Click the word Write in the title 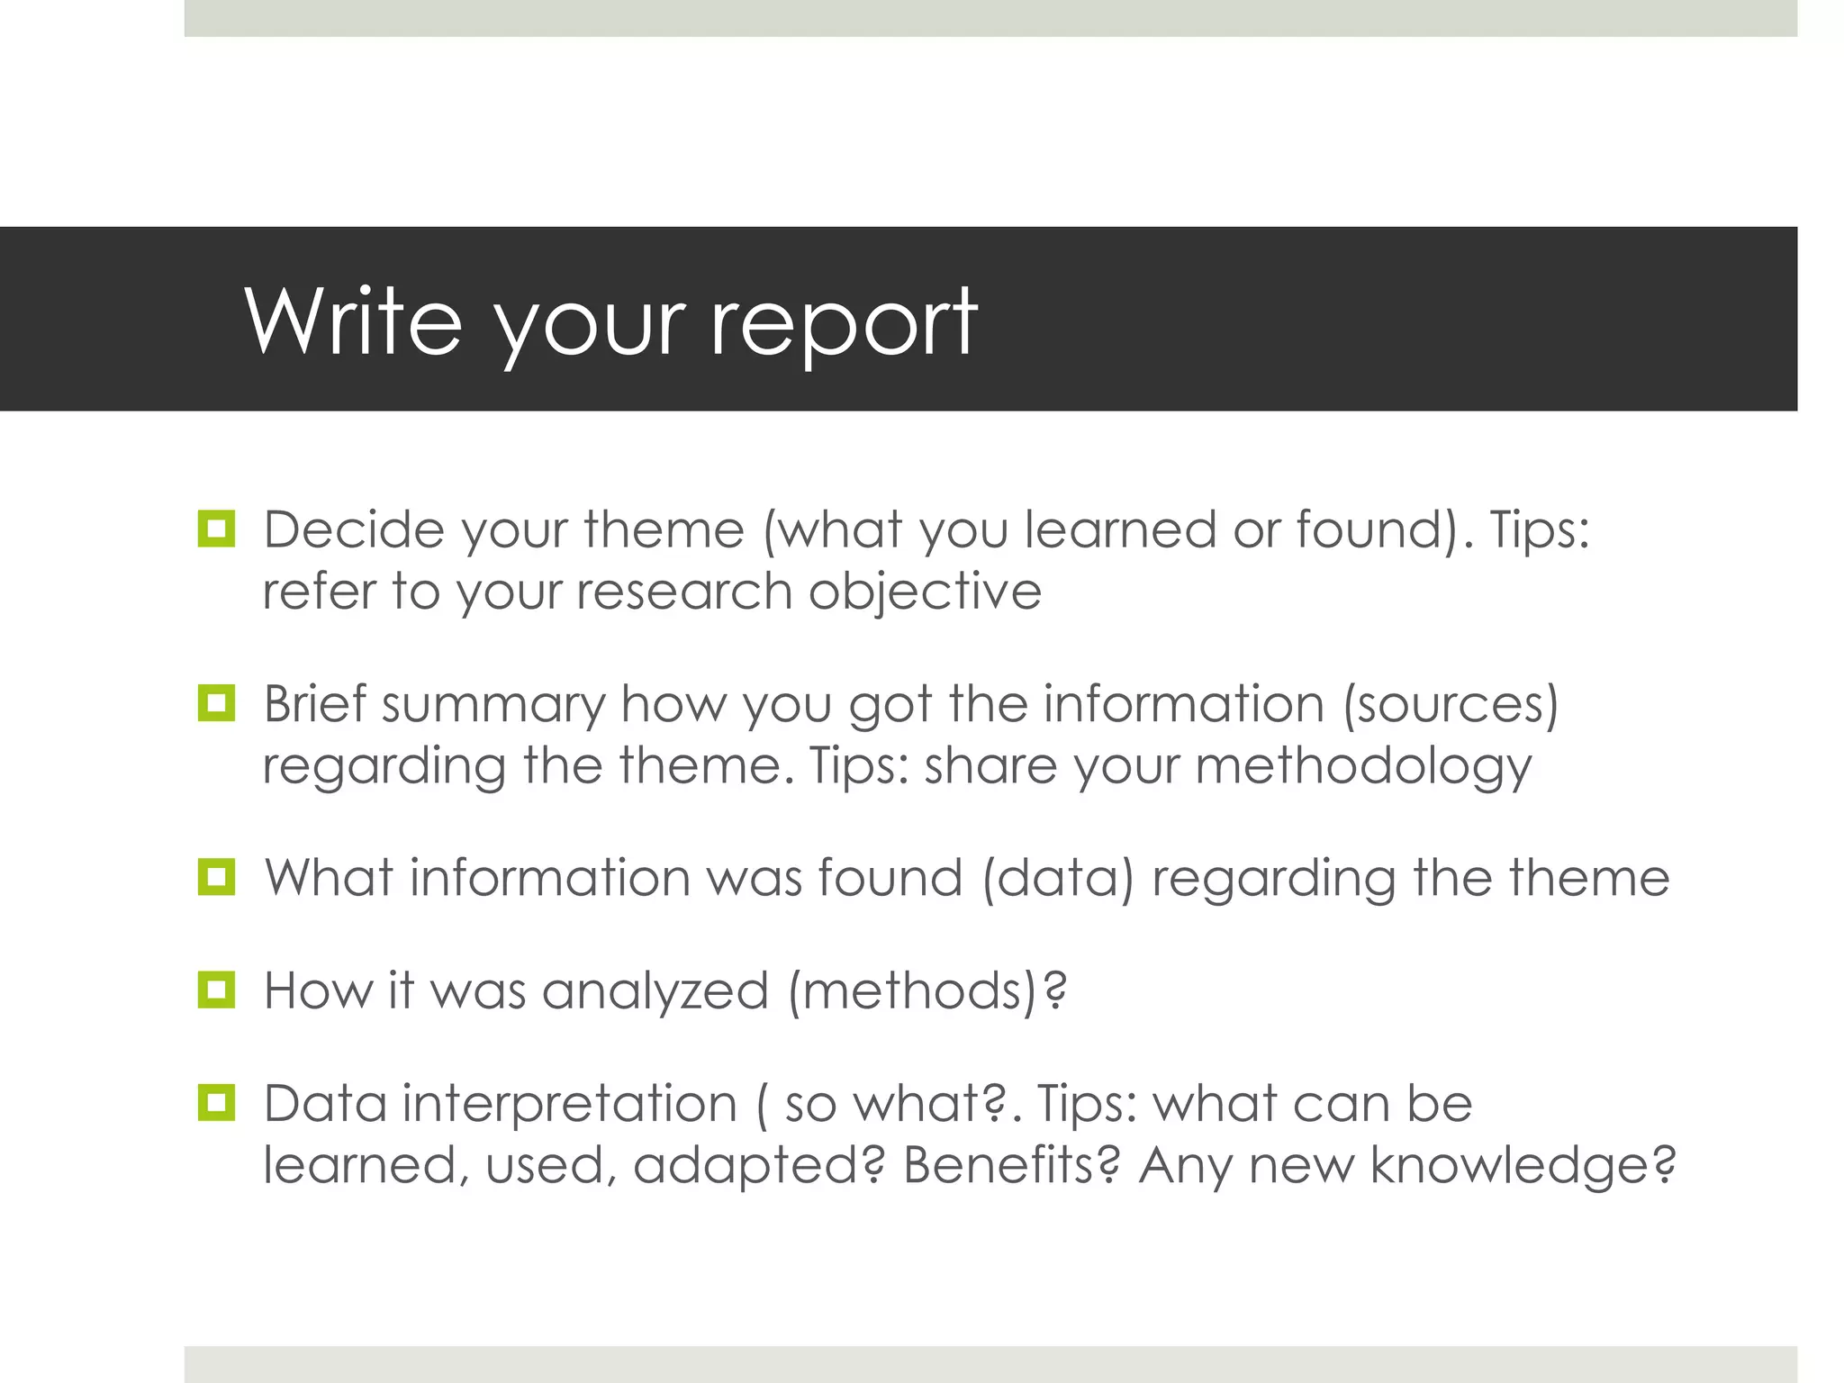[x=353, y=321]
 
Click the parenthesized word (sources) [x=1451, y=705]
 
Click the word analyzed [x=655, y=991]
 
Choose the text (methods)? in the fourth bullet [x=927, y=991]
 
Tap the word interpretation [x=569, y=1105]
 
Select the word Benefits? [x=1012, y=1165]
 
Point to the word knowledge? [x=1523, y=1167]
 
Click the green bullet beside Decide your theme [x=216, y=529]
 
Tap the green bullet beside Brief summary [x=216, y=703]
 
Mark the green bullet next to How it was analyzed [x=216, y=990]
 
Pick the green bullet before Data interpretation [x=216, y=1103]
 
